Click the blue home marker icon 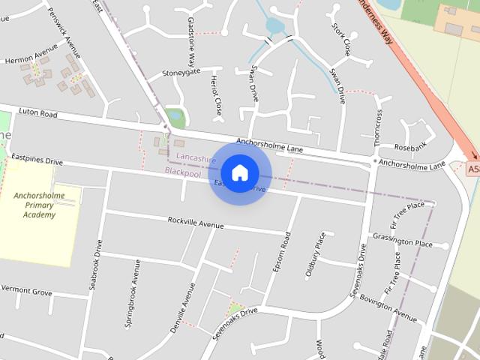(x=239, y=172)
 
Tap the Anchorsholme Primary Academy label (x=39, y=205)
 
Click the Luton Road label (x=38, y=114)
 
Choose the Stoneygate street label (x=182, y=73)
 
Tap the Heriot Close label (x=217, y=94)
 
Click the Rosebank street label (x=410, y=145)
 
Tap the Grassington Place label (x=402, y=241)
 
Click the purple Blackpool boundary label (x=183, y=172)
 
